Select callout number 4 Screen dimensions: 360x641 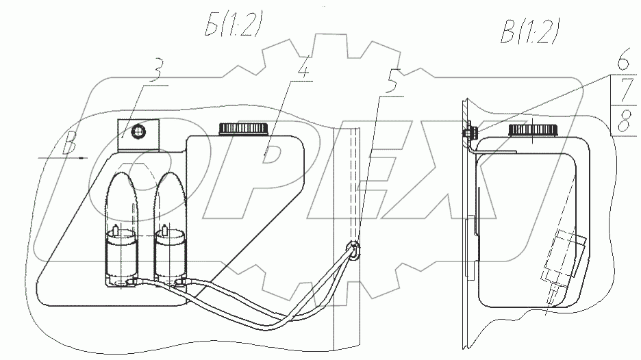[301, 66]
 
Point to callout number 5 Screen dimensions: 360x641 [391, 83]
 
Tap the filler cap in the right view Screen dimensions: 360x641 [532, 130]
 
